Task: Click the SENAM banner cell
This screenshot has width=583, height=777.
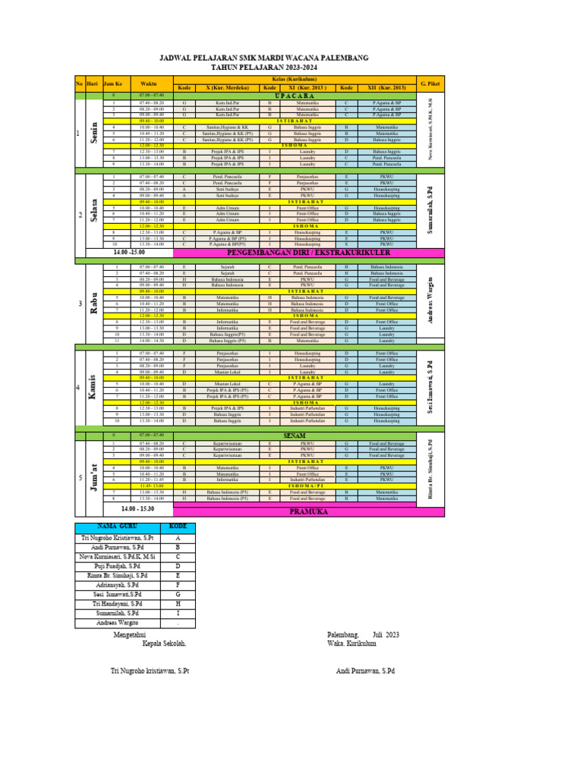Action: [293, 435]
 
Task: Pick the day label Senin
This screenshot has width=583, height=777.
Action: [93, 134]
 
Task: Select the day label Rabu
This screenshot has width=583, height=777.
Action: [93, 304]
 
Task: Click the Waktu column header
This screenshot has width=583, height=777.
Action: [146, 83]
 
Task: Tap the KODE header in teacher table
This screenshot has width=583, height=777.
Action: [178, 527]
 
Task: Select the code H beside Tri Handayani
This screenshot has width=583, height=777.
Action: [178, 603]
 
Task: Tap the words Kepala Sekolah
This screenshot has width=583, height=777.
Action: [164, 643]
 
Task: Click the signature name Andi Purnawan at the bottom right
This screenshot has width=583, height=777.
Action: [365, 672]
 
